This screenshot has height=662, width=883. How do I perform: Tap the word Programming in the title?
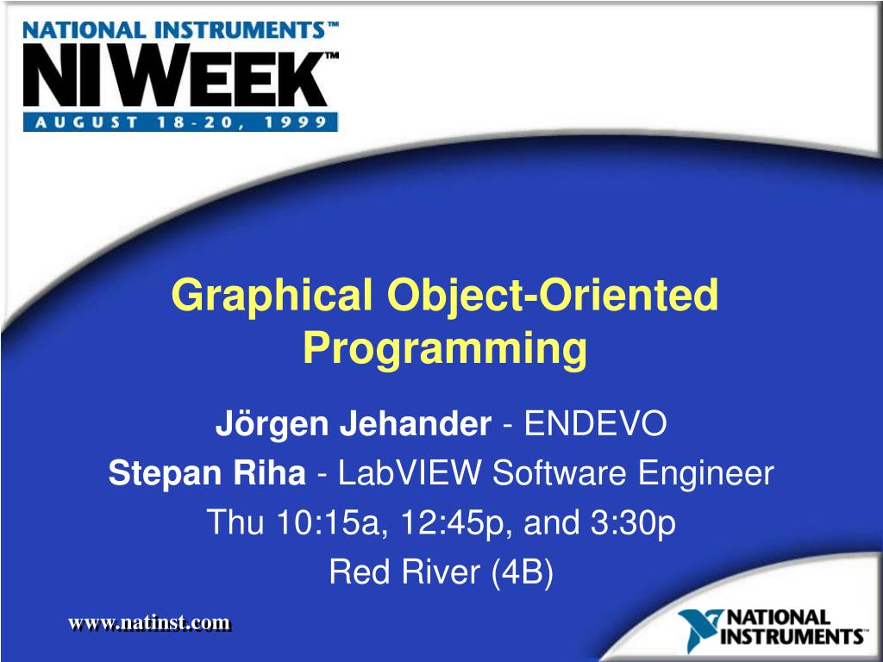[444, 348]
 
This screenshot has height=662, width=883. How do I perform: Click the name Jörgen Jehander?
[353, 424]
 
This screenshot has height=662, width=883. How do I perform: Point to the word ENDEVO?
[597, 424]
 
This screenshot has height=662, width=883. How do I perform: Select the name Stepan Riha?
[207, 473]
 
